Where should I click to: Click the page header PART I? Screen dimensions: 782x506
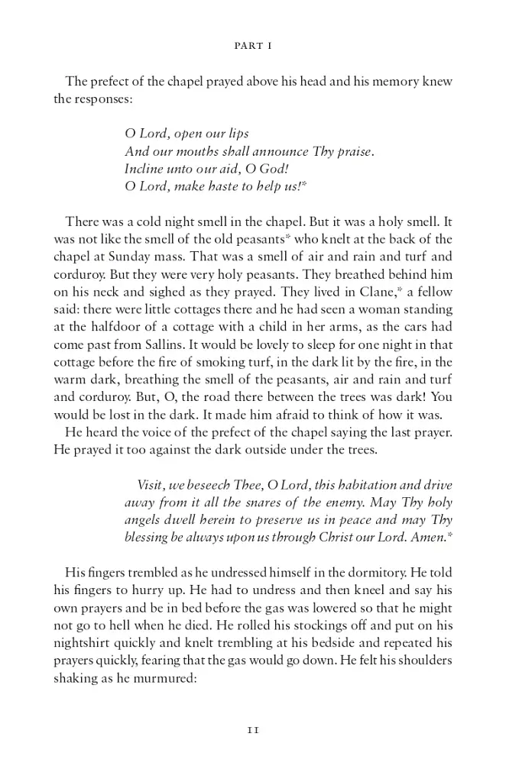click(252, 46)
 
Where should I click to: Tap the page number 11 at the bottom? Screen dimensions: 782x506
click(253, 729)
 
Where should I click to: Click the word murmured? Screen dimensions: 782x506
click(161, 675)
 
